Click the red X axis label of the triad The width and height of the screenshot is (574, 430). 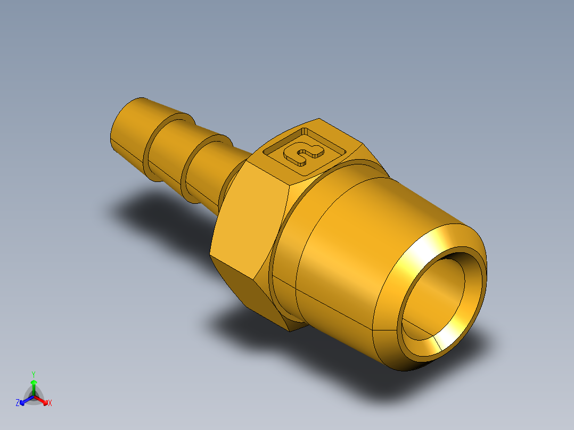pyautogui.click(x=50, y=403)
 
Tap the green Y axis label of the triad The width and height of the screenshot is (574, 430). pyautogui.click(x=33, y=374)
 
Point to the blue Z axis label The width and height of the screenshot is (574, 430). pyautogui.click(x=18, y=403)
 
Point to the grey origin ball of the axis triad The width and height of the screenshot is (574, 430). pyautogui.click(x=34, y=397)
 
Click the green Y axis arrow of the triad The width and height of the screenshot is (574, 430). pyautogui.click(x=34, y=386)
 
